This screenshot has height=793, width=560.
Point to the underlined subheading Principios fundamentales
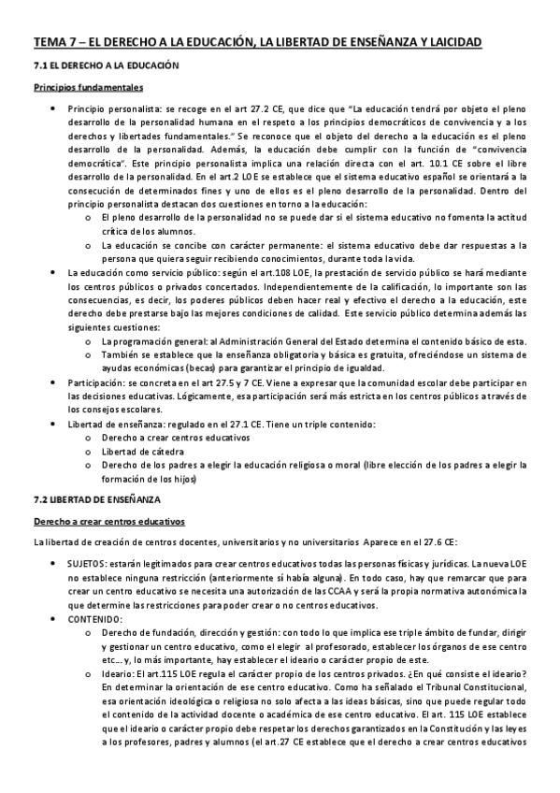(x=88, y=91)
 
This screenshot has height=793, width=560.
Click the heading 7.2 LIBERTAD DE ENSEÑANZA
(x=98, y=500)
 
